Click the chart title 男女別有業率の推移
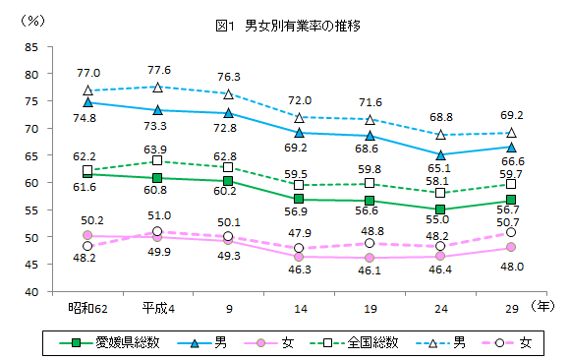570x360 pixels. click(286, 27)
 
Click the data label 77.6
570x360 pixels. click(158, 70)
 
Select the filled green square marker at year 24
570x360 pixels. click(439, 210)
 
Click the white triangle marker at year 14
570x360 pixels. click(299, 117)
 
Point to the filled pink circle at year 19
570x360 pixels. click(369, 258)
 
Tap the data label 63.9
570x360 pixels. click(157, 148)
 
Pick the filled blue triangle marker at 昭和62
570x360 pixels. click(87, 101)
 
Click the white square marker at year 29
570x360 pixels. click(509, 184)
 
